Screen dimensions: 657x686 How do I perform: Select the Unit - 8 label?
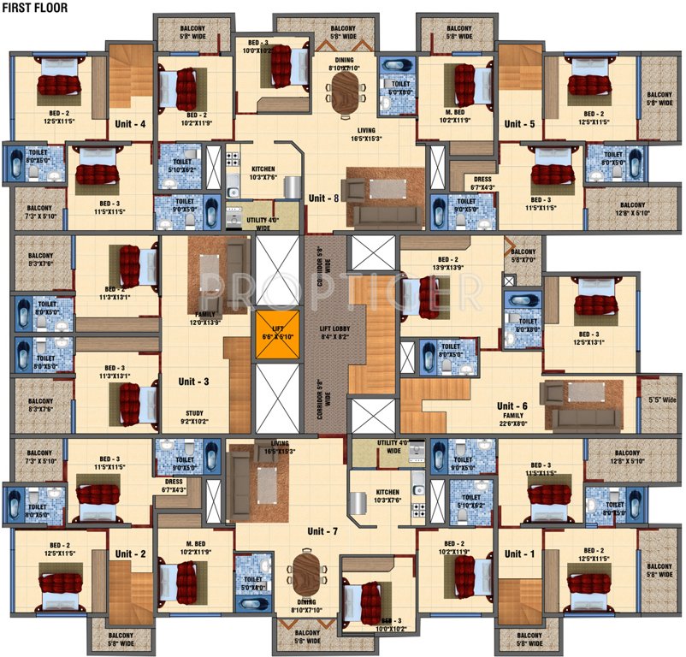tap(323, 198)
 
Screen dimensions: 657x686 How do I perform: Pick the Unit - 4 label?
tap(130, 124)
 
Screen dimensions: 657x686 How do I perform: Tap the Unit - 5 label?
tap(519, 124)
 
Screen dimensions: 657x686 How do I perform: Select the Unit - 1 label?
tap(519, 553)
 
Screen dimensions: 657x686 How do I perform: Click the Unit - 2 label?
tap(130, 553)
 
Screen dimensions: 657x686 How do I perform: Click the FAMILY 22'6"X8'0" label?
tap(514, 418)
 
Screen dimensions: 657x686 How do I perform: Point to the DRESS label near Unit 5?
tap(483, 181)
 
